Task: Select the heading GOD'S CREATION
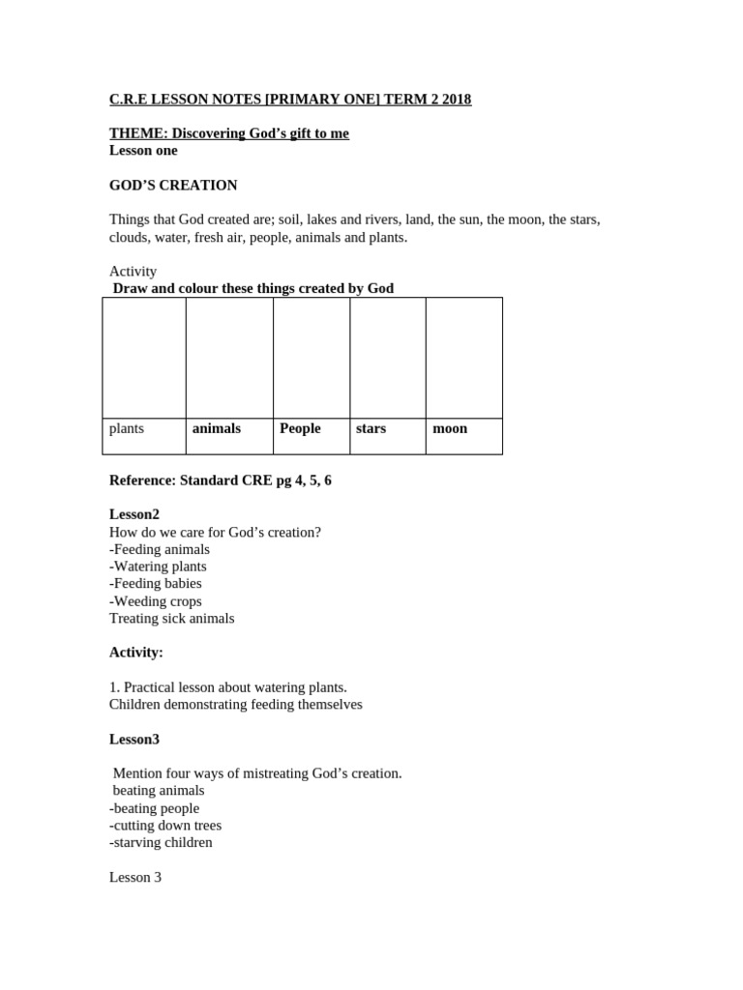pyautogui.click(x=173, y=186)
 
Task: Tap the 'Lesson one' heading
pyautogui.click(x=143, y=151)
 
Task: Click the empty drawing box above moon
pyautogui.click(x=463, y=358)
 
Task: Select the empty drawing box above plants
pyautogui.click(x=144, y=358)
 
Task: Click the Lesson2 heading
pyautogui.click(x=134, y=515)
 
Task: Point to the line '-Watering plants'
pyautogui.click(x=158, y=567)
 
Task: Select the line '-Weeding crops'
pyautogui.click(x=156, y=601)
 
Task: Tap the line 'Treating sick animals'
pyautogui.click(x=172, y=619)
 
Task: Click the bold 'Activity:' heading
pyautogui.click(x=136, y=653)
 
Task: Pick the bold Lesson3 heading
pyautogui.click(x=134, y=740)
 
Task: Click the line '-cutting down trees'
pyautogui.click(x=165, y=826)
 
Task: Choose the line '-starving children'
pyautogui.click(x=161, y=843)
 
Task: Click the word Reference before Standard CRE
pyautogui.click(x=142, y=480)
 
